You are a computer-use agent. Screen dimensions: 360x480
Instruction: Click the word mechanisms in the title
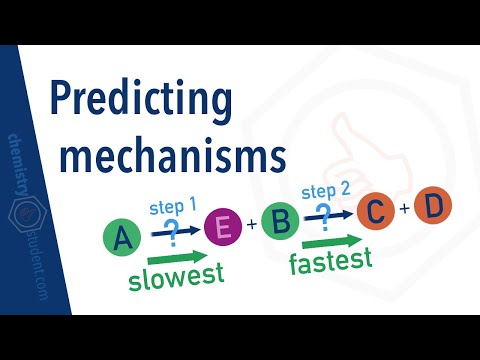coord(167,156)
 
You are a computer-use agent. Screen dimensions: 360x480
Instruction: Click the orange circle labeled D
coord(433,206)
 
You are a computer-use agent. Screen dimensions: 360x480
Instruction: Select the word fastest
coord(330,262)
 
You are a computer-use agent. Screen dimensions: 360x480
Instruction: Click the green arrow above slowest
coord(172,256)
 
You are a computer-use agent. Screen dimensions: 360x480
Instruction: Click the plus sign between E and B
coord(251,225)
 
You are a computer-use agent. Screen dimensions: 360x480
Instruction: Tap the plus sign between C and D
coord(405,209)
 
